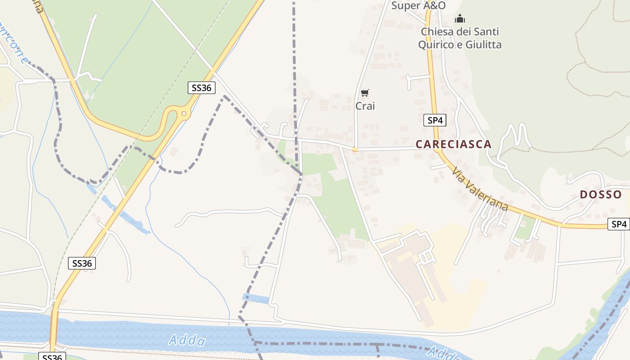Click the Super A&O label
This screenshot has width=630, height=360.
tap(418, 5)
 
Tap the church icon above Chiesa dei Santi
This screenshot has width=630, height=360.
tap(459, 19)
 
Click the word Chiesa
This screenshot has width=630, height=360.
tap(439, 32)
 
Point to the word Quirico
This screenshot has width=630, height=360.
tap(436, 45)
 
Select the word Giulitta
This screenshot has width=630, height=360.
tap(482, 45)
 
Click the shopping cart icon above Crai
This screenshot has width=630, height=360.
tap(365, 93)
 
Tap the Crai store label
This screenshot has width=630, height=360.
tap(365, 106)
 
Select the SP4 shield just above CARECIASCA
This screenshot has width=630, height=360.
tap(435, 120)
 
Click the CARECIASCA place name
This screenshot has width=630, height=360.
tap(453, 144)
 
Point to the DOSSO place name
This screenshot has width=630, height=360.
tap(601, 195)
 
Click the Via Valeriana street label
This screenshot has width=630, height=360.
tap(480, 189)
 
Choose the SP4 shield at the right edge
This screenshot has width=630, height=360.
tap(618, 224)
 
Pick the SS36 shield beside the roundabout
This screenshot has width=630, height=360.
tap(201, 88)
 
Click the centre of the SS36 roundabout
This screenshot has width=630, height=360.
tap(184, 114)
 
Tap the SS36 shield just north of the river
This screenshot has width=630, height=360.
tap(81, 263)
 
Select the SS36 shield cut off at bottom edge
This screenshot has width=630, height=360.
tap(52, 357)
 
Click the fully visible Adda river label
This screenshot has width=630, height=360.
tap(187, 341)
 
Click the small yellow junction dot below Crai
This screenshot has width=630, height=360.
tap(355, 149)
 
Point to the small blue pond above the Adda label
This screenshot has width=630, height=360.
tap(256, 298)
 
